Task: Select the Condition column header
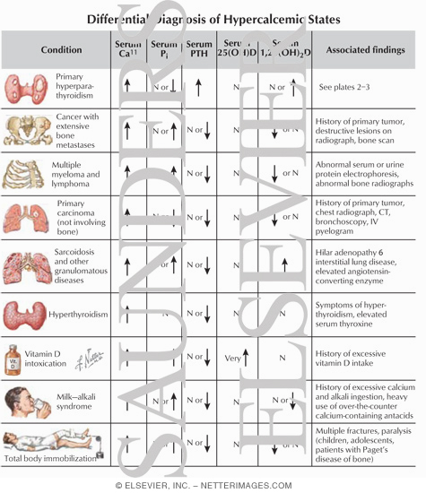(62, 50)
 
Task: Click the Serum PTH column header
(198, 50)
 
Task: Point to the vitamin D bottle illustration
(13, 359)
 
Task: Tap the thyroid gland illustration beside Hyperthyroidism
(28, 315)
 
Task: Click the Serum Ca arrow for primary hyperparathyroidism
(126, 87)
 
